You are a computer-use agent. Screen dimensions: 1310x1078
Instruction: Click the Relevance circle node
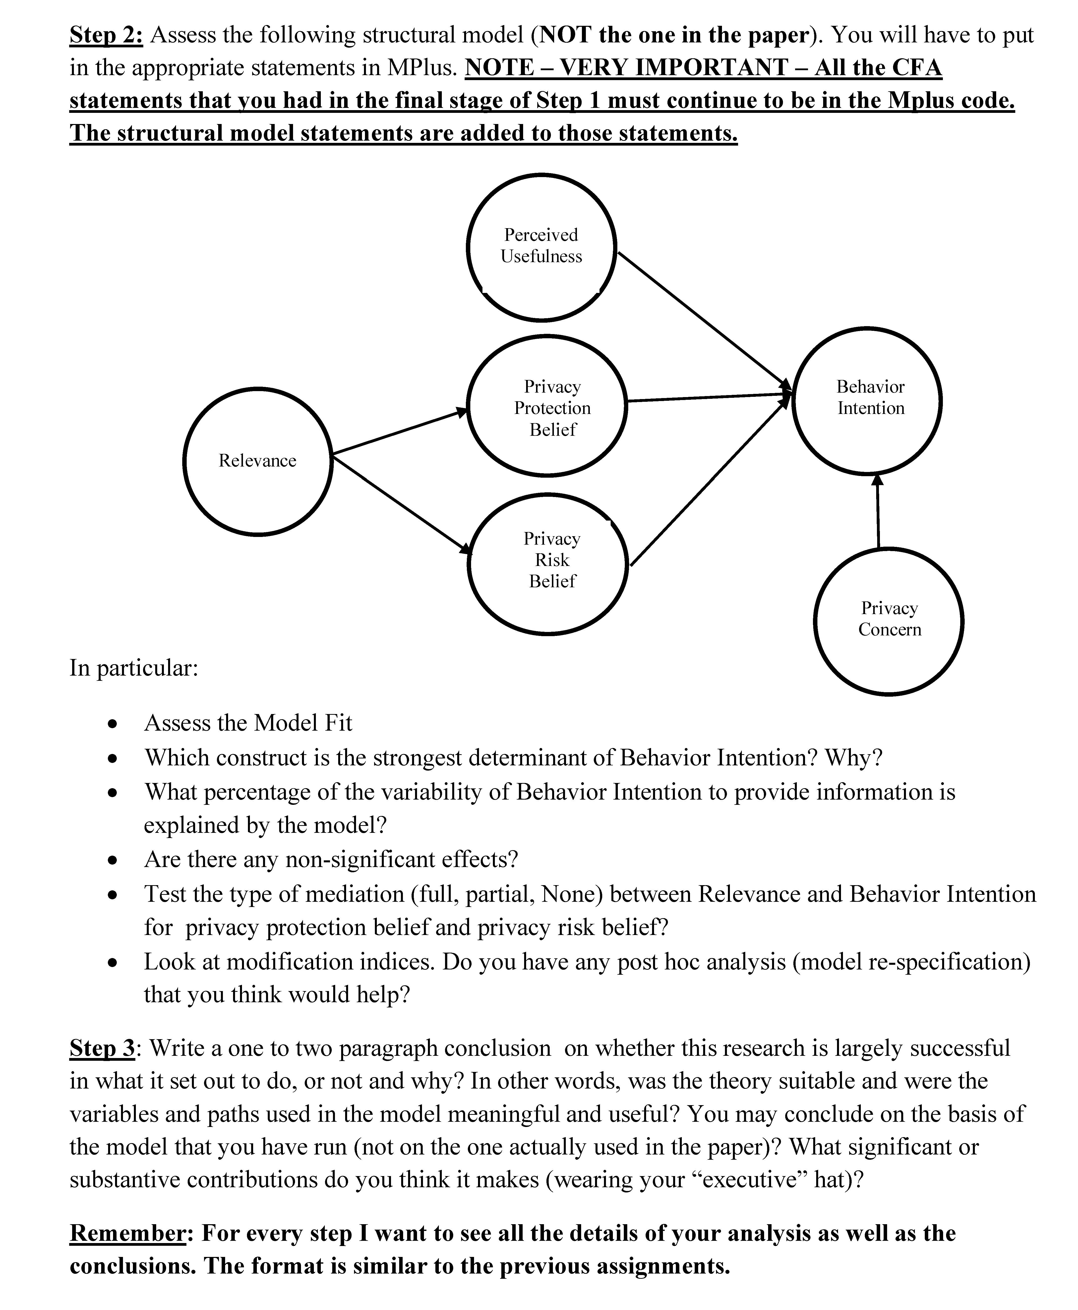point(258,461)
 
